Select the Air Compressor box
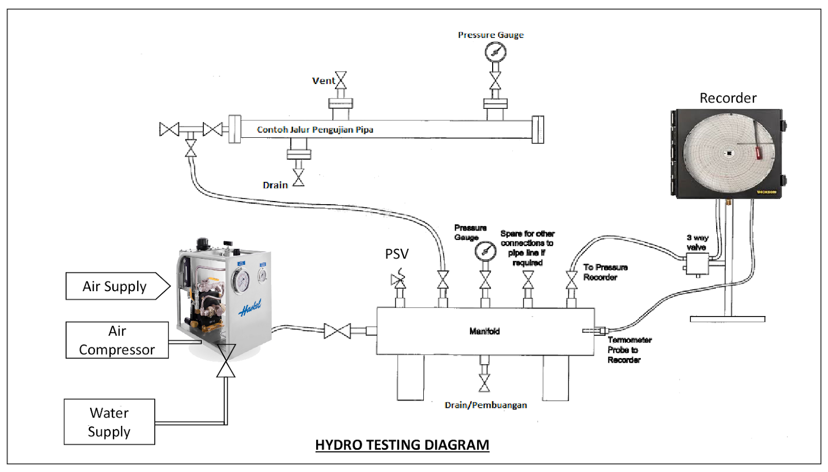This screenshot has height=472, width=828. tap(117, 340)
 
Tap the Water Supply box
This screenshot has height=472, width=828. tap(109, 422)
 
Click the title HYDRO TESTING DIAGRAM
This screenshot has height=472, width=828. tap(402, 445)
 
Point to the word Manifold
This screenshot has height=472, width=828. tap(484, 331)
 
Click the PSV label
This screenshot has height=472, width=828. tap(397, 254)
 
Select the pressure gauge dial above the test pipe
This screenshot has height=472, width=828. tap(495, 52)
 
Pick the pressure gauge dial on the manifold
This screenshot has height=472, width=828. tap(485, 251)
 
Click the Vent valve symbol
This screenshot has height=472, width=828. tap(341, 80)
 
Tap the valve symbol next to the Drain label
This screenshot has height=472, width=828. tap(299, 177)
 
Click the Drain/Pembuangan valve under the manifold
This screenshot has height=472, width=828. tap(484, 382)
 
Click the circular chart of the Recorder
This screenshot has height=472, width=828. tap(729, 153)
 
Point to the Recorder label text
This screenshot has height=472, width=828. tap(728, 98)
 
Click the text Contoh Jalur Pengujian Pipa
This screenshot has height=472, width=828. tap(315, 130)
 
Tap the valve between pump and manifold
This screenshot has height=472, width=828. tap(337, 331)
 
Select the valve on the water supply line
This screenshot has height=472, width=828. tap(226, 361)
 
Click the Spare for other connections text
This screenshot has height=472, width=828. tap(527, 248)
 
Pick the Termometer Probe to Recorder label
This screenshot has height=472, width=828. tap(628, 350)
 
